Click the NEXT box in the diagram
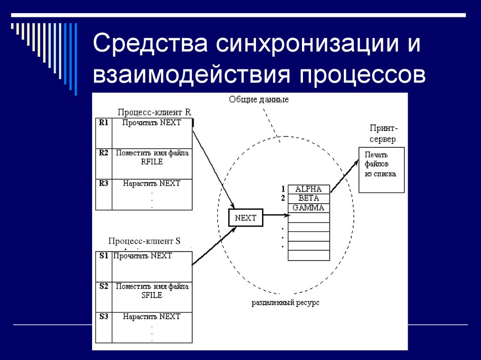click(x=246, y=218)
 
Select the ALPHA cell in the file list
click(x=308, y=189)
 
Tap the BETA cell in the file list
click(x=308, y=198)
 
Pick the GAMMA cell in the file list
click(x=308, y=207)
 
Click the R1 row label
click(x=103, y=123)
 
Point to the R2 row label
click(x=103, y=153)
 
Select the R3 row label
click(x=103, y=184)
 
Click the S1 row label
click(x=103, y=256)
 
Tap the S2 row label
click(x=103, y=286)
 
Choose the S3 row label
click(x=103, y=317)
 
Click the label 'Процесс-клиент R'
click(x=154, y=112)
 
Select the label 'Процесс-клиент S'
click(x=144, y=241)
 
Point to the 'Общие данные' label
click(x=258, y=100)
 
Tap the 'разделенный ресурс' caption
click(x=285, y=303)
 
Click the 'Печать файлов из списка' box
click(x=381, y=169)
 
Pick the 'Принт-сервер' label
click(x=382, y=133)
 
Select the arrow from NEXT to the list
click(x=276, y=216)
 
